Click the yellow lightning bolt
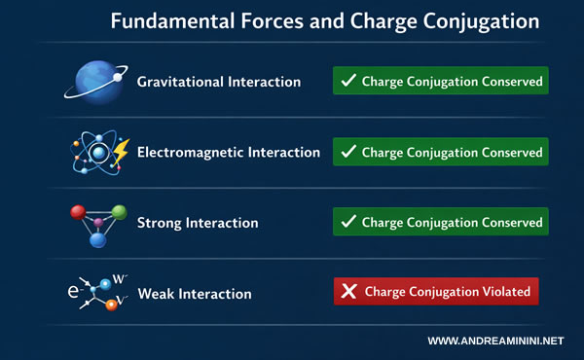coord(121,153)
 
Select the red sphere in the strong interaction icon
coord(77,213)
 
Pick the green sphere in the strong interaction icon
coord(120,213)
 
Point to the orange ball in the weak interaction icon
coord(112,305)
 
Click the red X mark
coord(347,292)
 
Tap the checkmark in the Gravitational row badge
coord(347,82)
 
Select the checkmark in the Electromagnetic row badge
coord(347,152)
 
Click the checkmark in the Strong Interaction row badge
coord(347,222)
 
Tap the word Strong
coord(160,223)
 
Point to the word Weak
coord(156,294)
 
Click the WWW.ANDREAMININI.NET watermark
coord(495,342)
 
